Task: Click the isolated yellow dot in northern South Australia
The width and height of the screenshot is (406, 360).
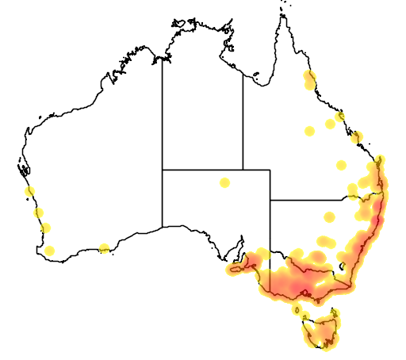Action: [225, 183]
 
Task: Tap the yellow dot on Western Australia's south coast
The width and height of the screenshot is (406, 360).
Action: [104, 249]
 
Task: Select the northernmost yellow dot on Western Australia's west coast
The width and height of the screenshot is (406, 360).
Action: [30, 191]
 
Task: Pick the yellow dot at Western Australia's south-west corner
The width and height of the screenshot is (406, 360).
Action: [50, 251]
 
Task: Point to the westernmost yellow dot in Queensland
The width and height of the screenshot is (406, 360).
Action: [309, 131]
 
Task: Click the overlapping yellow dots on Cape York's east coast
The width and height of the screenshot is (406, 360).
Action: [308, 79]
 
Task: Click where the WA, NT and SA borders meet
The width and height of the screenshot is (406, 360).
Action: [163, 170]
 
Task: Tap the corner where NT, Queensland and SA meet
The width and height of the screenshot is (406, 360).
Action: [243, 170]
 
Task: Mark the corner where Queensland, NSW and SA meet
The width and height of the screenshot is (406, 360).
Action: [270, 200]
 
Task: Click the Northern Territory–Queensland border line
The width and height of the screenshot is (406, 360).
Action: [243, 119]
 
